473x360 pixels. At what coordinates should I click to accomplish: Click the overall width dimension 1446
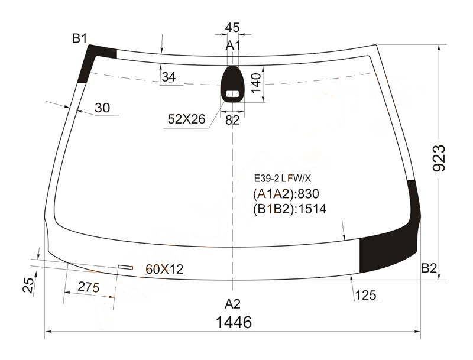coord(234,322)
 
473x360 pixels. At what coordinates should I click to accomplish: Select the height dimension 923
coord(439,158)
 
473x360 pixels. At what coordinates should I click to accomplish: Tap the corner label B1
coord(80,38)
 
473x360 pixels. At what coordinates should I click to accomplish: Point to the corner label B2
coord(429,268)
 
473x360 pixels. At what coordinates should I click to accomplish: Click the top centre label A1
coord(233,46)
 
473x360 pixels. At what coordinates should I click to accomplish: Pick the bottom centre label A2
coord(232,304)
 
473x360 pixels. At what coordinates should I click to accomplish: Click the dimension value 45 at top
coord(232,27)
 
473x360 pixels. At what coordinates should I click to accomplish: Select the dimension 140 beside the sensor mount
coord(256,83)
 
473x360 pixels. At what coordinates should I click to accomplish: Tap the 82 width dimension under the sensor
coord(232,121)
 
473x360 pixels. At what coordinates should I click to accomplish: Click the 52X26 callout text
coord(186,119)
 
